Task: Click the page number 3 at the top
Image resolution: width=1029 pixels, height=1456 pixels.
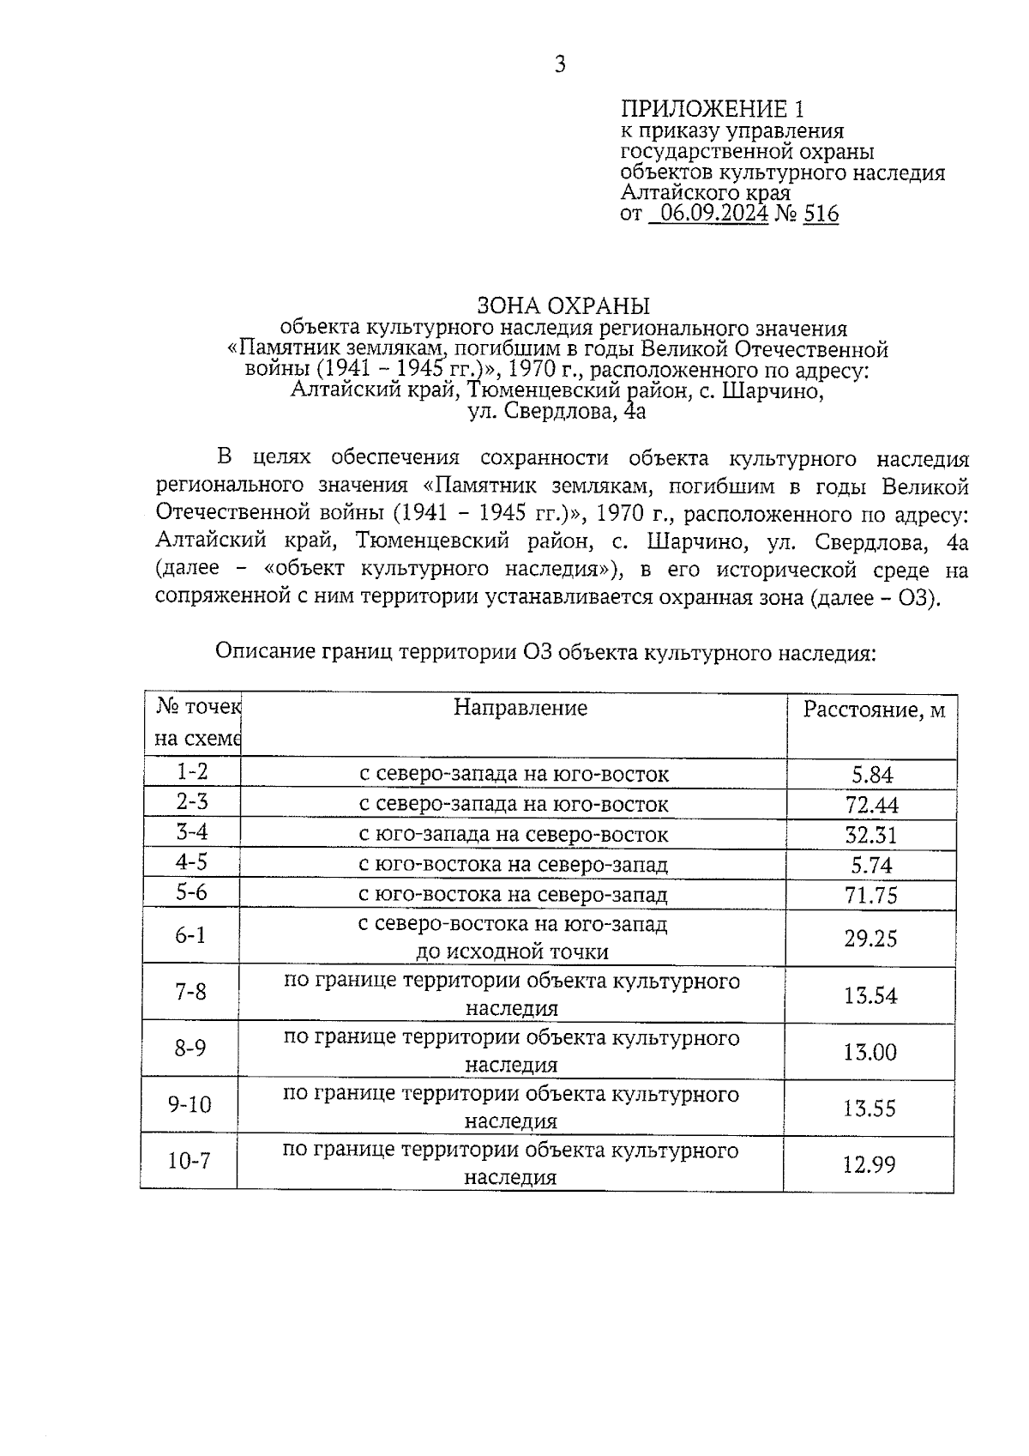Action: click(x=560, y=64)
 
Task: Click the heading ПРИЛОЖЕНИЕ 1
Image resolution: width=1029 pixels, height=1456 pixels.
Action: click(x=713, y=109)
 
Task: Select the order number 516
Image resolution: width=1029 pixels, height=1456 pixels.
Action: click(x=821, y=214)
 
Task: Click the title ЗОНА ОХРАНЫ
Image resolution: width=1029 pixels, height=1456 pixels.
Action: click(x=563, y=305)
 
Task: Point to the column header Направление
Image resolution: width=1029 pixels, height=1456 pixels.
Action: click(x=521, y=708)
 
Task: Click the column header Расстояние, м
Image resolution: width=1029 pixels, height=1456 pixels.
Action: click(x=873, y=710)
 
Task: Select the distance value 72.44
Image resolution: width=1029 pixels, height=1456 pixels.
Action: click(x=871, y=805)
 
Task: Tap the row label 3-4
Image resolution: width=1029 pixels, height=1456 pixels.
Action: click(x=192, y=831)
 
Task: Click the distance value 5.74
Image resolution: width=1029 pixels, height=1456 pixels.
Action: click(x=871, y=865)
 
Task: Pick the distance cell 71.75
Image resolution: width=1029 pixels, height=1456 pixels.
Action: click(x=870, y=895)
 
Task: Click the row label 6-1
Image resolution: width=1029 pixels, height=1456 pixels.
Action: click(x=190, y=934)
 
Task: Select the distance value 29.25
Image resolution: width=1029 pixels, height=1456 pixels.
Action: click(x=870, y=938)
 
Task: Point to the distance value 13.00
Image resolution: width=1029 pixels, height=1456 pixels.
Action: click(x=870, y=1052)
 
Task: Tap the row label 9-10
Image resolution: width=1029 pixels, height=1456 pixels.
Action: click(x=190, y=1103)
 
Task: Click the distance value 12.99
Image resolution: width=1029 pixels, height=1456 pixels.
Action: click(x=869, y=1164)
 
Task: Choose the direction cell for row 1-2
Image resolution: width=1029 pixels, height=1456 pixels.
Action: click(x=513, y=775)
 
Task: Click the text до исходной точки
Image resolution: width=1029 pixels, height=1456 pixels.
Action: click(x=512, y=952)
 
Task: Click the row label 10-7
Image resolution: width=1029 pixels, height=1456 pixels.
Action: click(x=189, y=1161)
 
